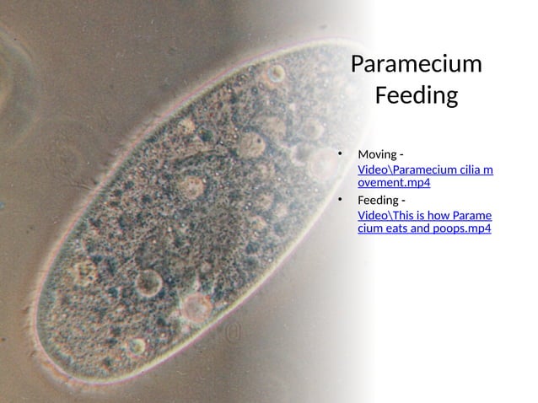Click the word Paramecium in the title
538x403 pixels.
click(x=416, y=64)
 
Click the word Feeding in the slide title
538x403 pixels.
click(x=416, y=95)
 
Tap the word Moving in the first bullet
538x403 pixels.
click(x=377, y=154)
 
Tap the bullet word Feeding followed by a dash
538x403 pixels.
click(x=379, y=200)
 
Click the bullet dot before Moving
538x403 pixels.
click(x=341, y=155)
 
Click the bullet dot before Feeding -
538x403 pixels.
click(x=341, y=201)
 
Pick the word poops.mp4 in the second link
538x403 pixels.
click(x=460, y=228)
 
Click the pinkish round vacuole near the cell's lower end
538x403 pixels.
click(x=197, y=308)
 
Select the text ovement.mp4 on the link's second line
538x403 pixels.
click(x=395, y=182)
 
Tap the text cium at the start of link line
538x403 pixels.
click(x=369, y=228)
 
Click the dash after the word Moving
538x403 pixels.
click(x=401, y=154)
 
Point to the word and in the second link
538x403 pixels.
click(x=417, y=228)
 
